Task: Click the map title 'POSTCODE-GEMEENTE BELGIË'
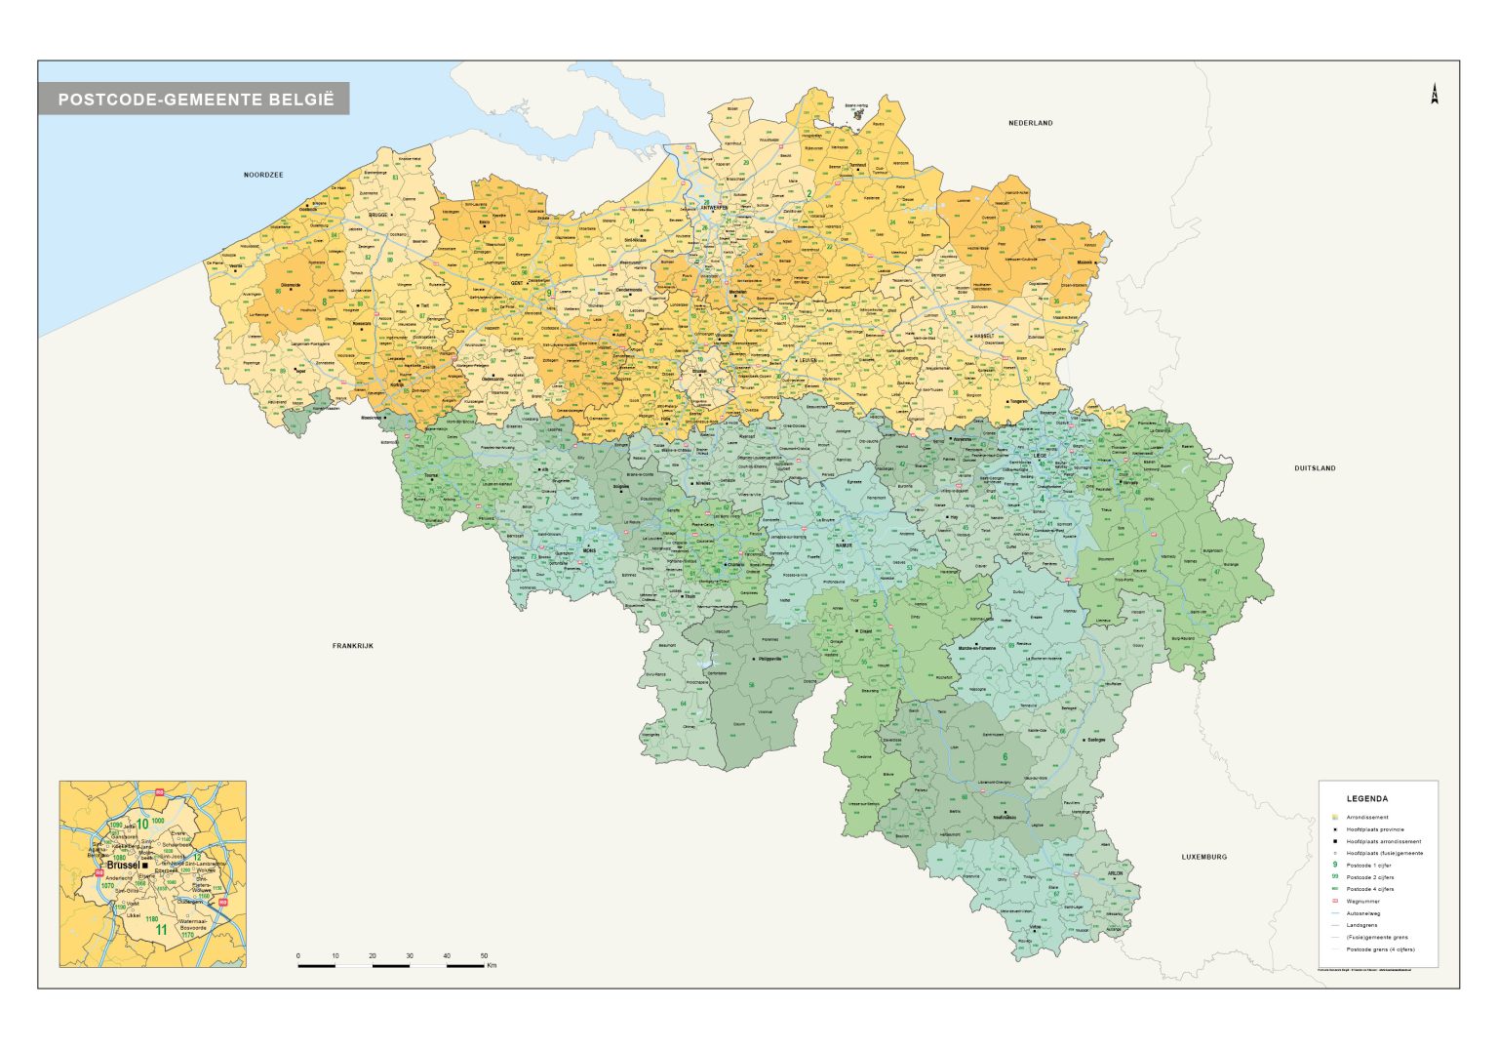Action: [x=195, y=99]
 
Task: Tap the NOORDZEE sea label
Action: [x=263, y=175]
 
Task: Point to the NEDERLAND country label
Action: [x=1030, y=123]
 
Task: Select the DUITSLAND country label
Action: [x=1315, y=468]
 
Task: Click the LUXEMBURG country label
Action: [x=1204, y=857]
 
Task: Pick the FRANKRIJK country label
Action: [x=353, y=646]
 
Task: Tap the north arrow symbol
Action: [x=1435, y=95]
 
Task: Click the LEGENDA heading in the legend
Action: [x=1366, y=798]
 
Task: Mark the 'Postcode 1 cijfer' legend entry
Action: [x=1368, y=866]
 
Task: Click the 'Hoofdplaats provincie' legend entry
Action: [x=1375, y=829]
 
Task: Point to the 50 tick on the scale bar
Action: [x=484, y=956]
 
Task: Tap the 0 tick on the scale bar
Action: [x=298, y=956]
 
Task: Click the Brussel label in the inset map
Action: [x=123, y=866]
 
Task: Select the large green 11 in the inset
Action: [x=161, y=930]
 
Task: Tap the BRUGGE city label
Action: [x=378, y=215]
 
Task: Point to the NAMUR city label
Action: [x=843, y=545]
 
